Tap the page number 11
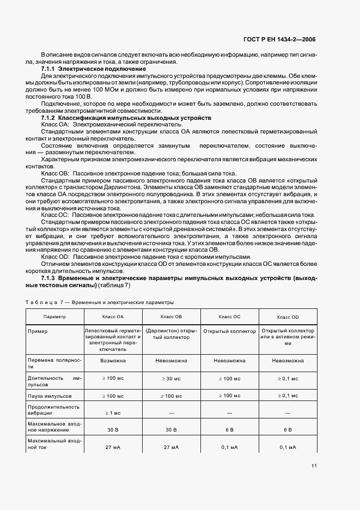point(314,465)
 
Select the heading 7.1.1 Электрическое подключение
point(93,69)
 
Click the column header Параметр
point(54,316)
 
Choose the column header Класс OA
point(113,316)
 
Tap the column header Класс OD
point(288,316)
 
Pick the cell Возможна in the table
point(113,361)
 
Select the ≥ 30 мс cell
point(171,378)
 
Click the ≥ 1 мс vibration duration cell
point(113,412)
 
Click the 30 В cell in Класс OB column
point(171,429)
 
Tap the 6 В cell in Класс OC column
point(229,429)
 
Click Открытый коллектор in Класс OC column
point(229,331)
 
